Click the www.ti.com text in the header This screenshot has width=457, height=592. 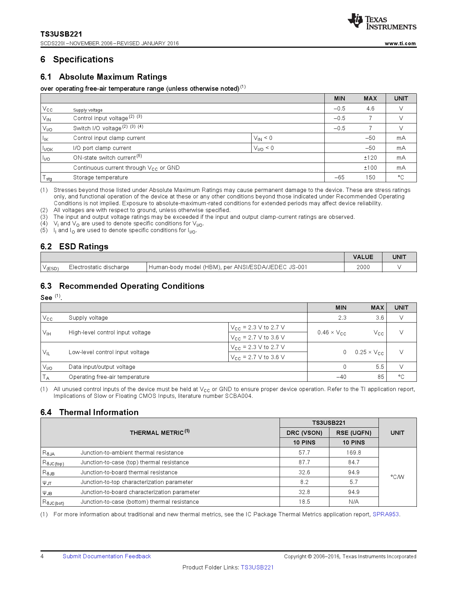tap(400, 43)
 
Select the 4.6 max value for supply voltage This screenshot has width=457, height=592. tap(370, 108)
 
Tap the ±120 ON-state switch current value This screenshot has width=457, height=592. tap(370, 158)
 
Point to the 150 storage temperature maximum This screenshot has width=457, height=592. tap(370, 178)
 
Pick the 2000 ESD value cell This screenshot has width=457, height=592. tap(363, 267)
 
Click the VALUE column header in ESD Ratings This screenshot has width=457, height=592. tap(363, 257)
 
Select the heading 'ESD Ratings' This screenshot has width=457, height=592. tap(84, 247)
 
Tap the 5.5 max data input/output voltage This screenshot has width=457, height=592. tap(380, 367)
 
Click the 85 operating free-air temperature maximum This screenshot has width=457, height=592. tap(380, 377)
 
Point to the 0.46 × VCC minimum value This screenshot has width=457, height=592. tap(332, 333)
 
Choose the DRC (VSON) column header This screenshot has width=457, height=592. tap(304, 433)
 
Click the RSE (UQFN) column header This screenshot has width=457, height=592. tap(354, 433)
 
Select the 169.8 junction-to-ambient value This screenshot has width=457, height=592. tap(354, 453)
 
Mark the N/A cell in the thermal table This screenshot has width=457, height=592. tap(354, 502)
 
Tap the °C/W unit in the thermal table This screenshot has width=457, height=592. tap(397, 477)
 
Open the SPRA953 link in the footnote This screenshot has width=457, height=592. tap(386, 515)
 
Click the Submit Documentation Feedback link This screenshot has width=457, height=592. tap(107, 556)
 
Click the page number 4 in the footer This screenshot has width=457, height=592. tap(42, 556)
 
